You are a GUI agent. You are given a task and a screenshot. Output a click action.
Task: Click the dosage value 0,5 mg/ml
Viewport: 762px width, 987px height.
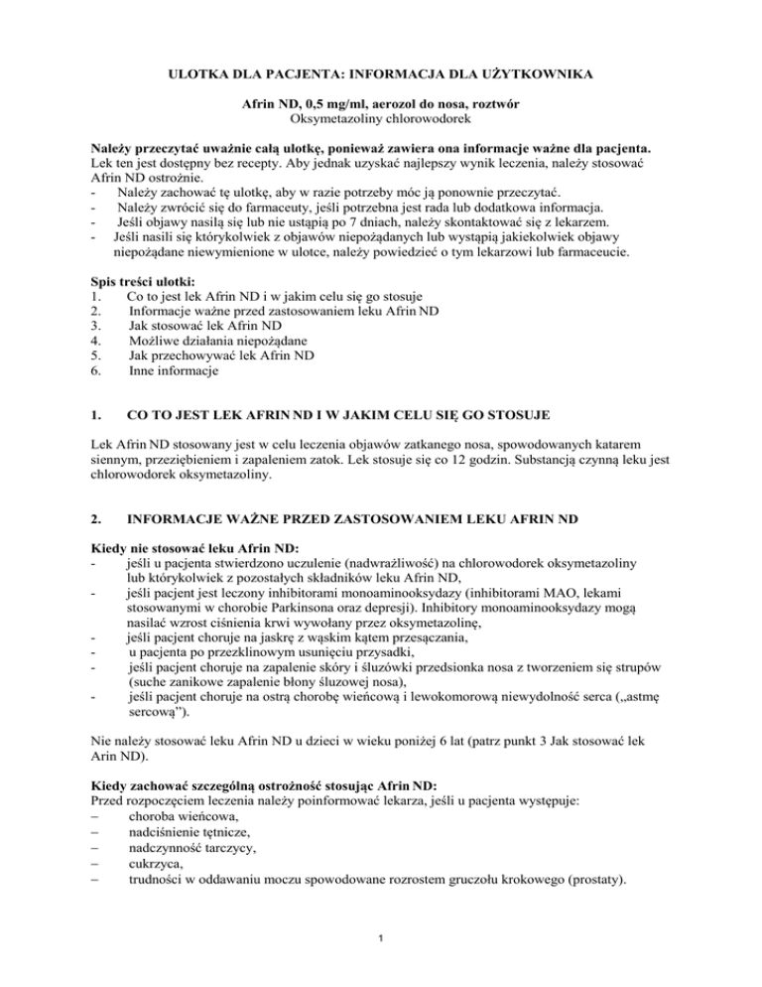[x=349, y=102]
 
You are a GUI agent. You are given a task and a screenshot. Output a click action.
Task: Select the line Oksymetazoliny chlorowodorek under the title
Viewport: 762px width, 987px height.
[x=381, y=118]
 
